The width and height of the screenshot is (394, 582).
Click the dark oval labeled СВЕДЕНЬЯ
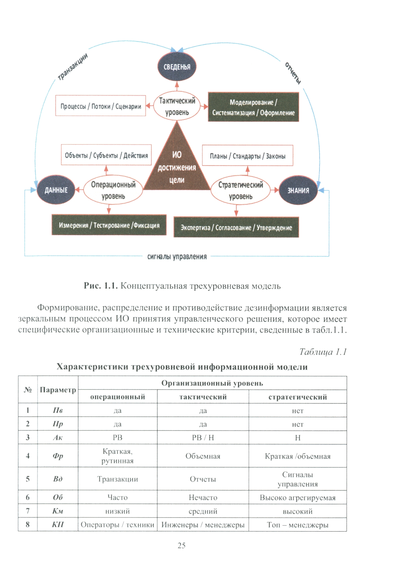click(x=177, y=67)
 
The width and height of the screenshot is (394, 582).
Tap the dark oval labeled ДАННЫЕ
click(x=56, y=190)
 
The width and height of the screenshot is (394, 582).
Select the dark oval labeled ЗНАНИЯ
click(x=298, y=190)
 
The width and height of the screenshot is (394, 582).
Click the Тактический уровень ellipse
click(x=177, y=106)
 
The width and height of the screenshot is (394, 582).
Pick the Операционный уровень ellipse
click(x=113, y=190)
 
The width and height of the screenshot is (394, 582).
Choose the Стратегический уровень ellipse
click(x=240, y=190)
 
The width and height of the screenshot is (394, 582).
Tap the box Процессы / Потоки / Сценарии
click(x=100, y=106)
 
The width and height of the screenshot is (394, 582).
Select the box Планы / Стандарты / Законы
click(x=247, y=156)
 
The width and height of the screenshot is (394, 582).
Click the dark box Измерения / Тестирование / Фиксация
click(x=109, y=225)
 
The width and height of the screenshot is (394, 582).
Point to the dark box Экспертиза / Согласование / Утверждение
click(x=236, y=227)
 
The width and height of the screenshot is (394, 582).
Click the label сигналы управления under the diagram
click(x=177, y=257)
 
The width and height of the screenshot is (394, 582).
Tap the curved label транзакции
click(x=72, y=66)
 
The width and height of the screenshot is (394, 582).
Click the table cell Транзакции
click(x=117, y=479)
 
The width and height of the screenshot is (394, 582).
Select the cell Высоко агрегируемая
click(x=297, y=498)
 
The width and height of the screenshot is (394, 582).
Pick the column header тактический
click(x=203, y=397)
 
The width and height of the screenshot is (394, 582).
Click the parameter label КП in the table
click(x=58, y=524)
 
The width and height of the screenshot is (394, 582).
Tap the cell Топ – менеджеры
click(x=297, y=525)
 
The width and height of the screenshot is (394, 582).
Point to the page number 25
click(x=181, y=545)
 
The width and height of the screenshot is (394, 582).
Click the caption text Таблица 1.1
click(x=323, y=351)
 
